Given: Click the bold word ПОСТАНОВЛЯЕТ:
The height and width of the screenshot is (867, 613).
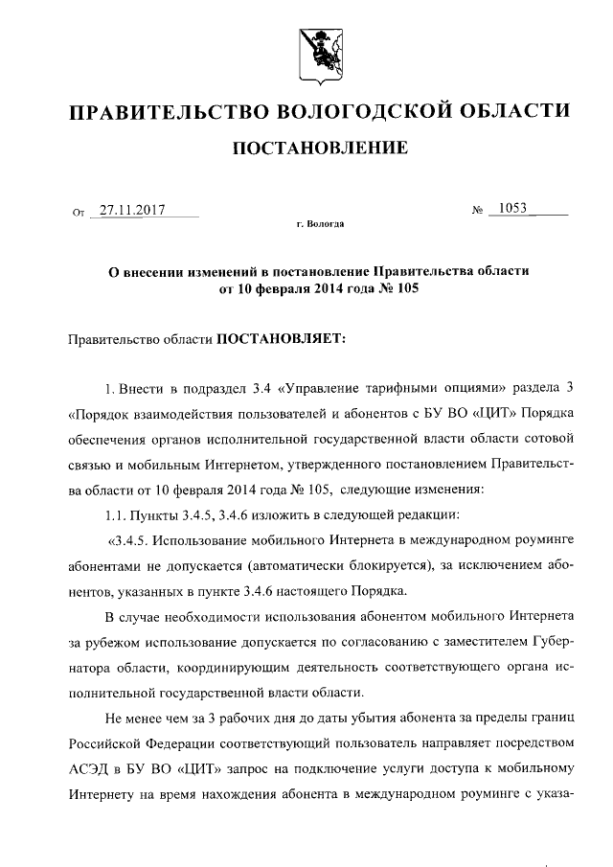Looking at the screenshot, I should (274, 338).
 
